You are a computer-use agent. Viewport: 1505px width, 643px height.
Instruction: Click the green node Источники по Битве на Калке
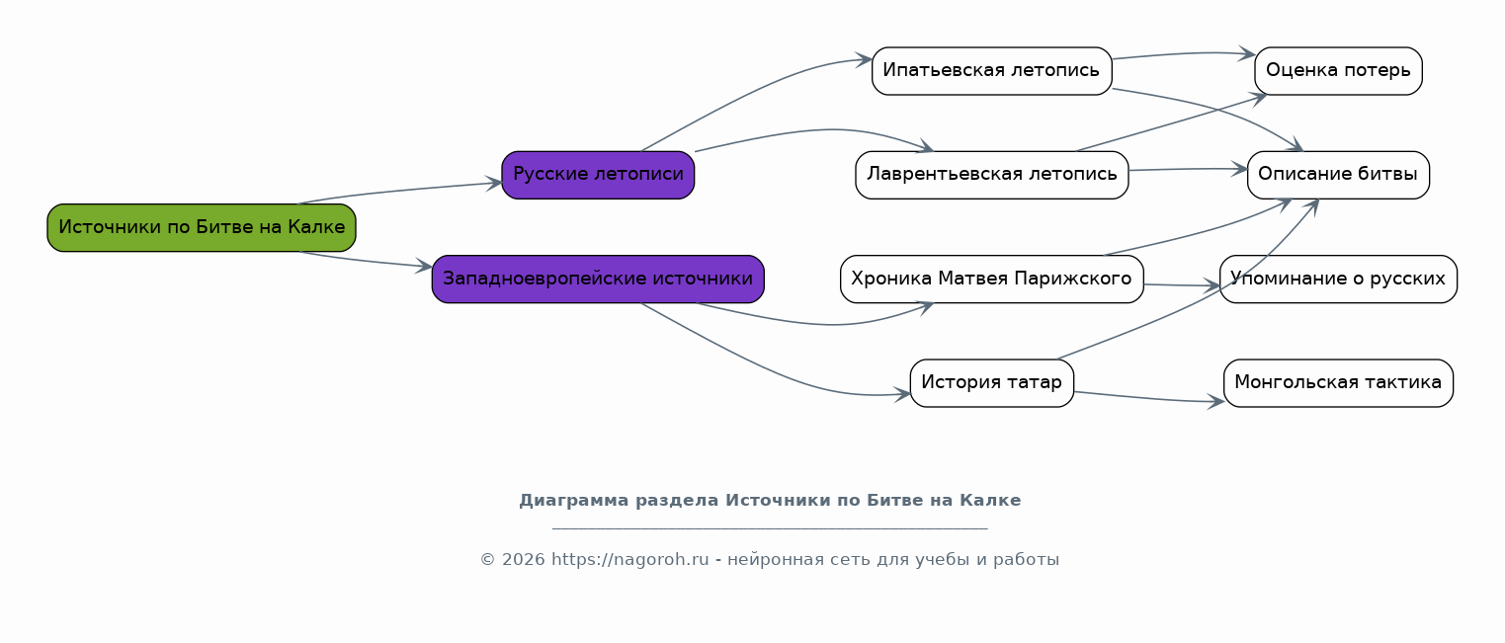(202, 228)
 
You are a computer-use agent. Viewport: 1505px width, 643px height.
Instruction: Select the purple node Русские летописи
(598, 175)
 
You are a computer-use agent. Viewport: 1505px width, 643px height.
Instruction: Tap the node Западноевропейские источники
(598, 279)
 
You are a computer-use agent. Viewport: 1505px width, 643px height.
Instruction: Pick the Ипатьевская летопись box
(992, 70)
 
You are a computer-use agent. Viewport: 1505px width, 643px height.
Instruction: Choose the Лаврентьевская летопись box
(992, 175)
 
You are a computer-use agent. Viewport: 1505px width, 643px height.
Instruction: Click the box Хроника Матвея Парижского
(992, 279)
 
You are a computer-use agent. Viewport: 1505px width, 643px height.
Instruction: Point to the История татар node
(992, 383)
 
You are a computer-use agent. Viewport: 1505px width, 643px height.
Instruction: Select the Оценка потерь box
(1338, 70)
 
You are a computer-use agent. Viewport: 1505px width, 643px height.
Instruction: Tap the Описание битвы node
(1338, 175)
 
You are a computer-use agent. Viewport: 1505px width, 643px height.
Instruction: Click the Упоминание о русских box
(1338, 279)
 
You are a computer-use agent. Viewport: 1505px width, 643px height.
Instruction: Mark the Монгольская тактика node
(1338, 383)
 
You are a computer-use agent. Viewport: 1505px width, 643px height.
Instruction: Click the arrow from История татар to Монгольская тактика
(1149, 398)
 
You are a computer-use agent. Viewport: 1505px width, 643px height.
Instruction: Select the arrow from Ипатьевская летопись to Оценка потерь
(1184, 53)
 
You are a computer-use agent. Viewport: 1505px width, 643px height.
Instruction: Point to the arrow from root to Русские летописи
(400, 191)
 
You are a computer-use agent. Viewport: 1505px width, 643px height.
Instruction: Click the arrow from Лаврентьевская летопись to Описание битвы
(1188, 169)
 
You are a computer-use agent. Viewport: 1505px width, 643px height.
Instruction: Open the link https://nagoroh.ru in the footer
(630, 560)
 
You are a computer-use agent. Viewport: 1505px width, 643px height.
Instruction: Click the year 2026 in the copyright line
(524, 560)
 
